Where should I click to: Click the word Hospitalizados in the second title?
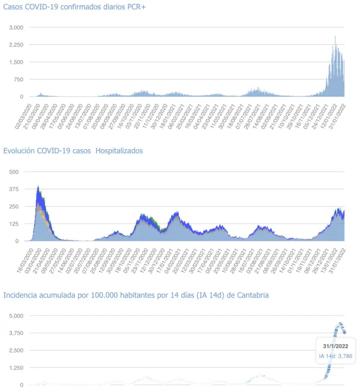[x=119, y=151]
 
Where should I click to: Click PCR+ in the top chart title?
[x=135, y=7]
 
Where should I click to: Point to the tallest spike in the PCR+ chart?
[x=335, y=37]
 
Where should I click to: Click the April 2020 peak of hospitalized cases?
[x=38, y=187]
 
